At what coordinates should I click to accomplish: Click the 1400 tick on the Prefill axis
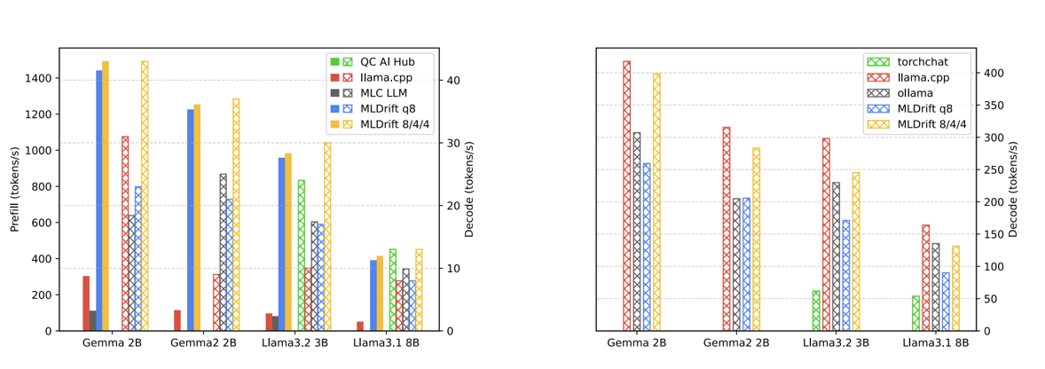click(x=37, y=79)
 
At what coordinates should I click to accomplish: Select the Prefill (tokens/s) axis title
click(x=15, y=190)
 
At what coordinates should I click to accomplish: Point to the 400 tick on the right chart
click(x=994, y=73)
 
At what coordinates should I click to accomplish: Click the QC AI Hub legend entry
click(x=370, y=61)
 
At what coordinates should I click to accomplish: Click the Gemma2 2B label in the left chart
click(x=203, y=343)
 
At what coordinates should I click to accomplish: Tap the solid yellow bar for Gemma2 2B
click(x=197, y=217)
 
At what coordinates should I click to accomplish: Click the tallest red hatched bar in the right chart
click(x=626, y=196)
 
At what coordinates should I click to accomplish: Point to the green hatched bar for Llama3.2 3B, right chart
click(x=816, y=310)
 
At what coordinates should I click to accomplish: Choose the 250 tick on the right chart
click(x=994, y=169)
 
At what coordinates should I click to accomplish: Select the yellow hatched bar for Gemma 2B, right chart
click(x=656, y=202)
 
